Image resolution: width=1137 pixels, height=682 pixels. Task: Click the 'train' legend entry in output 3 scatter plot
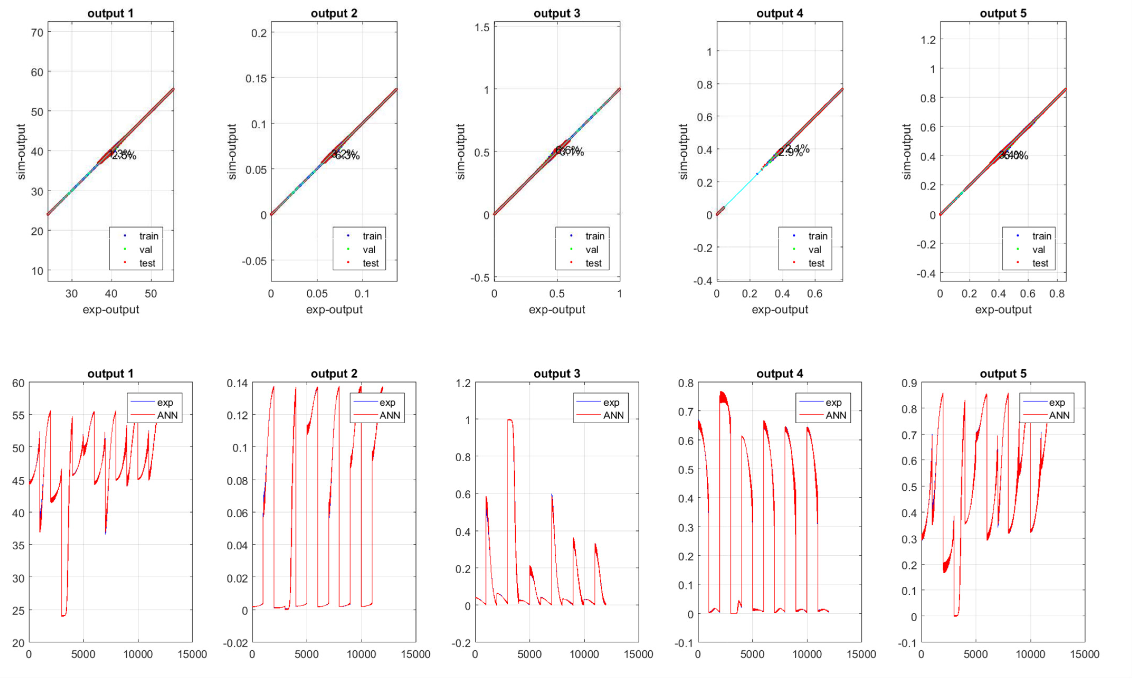coord(594,236)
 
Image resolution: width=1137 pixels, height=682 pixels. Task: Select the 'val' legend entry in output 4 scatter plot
coord(814,250)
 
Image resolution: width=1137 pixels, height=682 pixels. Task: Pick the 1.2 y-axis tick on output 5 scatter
coord(928,40)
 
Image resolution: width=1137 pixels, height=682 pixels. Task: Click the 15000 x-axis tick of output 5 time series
coord(1084,654)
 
